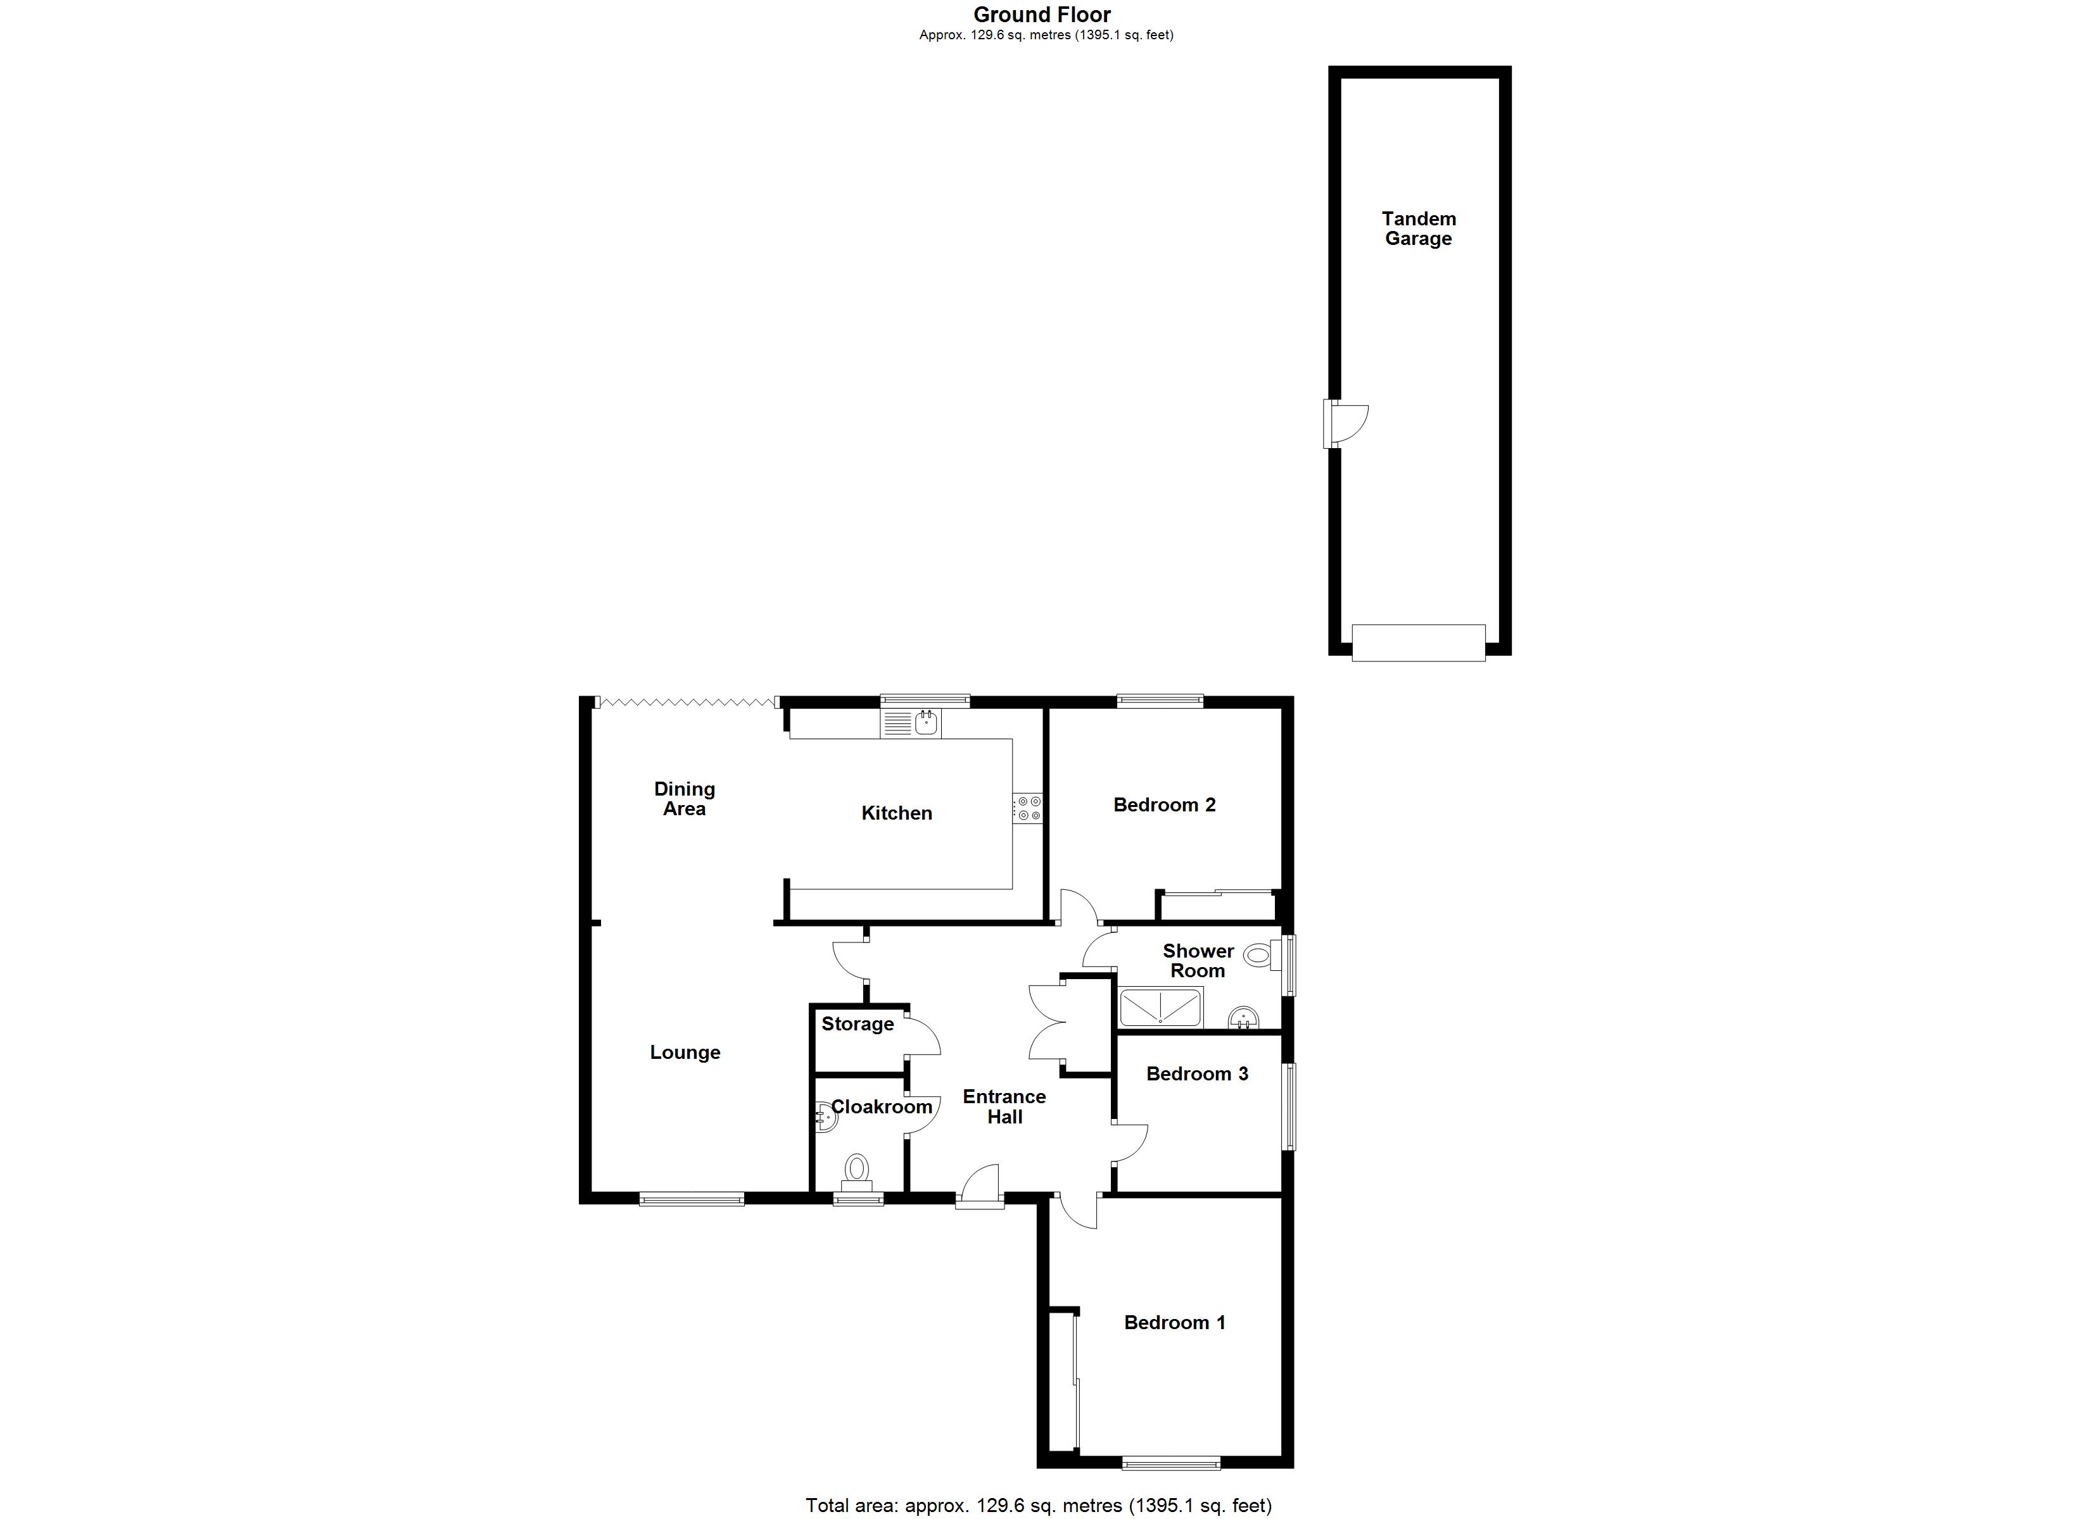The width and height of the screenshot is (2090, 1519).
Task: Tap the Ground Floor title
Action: point(1042,15)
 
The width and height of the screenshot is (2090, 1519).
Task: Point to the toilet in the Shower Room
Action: point(1260,955)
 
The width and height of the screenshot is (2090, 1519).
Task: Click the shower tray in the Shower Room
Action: point(1160,1007)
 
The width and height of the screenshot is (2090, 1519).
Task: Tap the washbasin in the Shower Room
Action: point(1244,1017)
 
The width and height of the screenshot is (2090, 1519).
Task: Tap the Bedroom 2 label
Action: point(1164,805)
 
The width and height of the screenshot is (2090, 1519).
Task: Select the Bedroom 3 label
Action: point(1197,1074)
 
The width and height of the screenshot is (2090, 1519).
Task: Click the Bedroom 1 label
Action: point(1174,1323)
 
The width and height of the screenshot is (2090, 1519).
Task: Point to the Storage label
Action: point(857,1024)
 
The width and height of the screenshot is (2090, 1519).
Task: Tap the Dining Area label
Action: point(684,799)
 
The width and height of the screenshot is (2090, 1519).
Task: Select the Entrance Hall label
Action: point(1004,1106)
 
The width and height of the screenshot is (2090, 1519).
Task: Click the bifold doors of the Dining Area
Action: point(687,703)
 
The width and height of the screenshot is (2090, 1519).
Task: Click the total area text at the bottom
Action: point(1039,1505)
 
